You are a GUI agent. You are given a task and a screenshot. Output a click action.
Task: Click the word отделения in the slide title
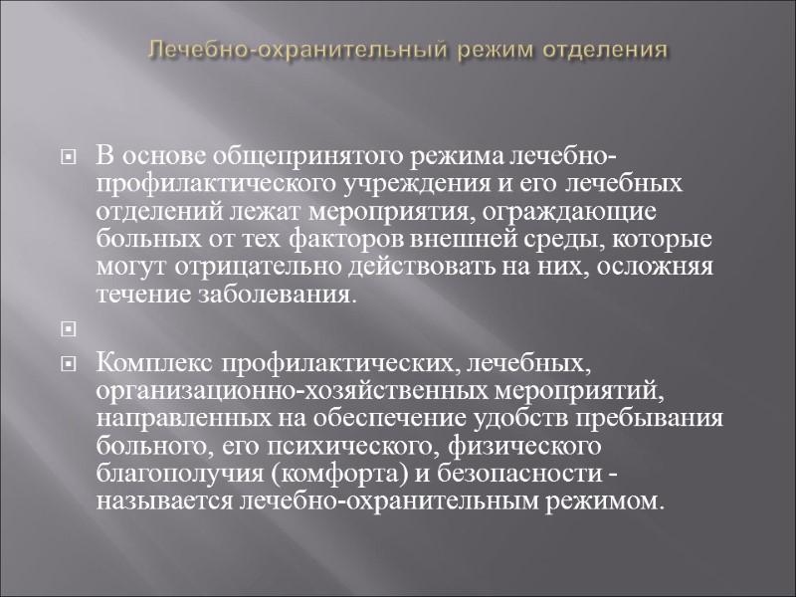pos(608,49)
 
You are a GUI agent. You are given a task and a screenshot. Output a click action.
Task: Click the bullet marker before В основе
pos(69,159)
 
